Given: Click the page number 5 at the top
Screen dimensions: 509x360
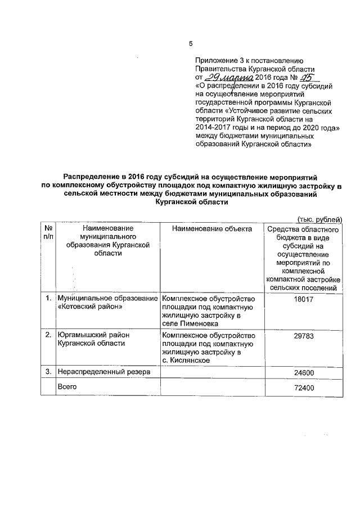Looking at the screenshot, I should [x=191, y=44].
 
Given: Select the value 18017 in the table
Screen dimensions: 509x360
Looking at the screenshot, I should [x=303, y=300].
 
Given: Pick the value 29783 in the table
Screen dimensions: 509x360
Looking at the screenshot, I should [x=303, y=336].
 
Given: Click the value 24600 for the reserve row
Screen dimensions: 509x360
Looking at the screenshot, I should [x=303, y=373].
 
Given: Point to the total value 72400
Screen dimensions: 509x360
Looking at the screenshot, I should [x=303, y=389].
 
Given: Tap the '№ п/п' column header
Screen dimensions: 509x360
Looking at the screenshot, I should [x=48, y=233].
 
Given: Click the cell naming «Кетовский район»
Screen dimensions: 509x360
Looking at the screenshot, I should [x=107, y=303].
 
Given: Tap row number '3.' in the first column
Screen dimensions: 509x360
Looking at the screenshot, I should [x=48, y=372].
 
